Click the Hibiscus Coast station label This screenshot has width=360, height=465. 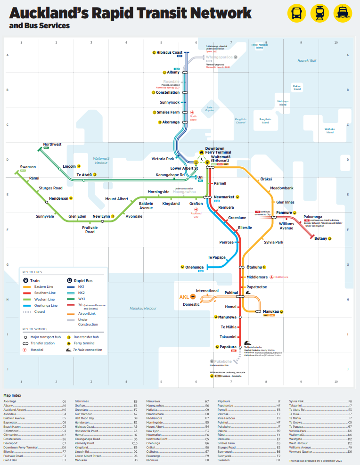pos(170,52)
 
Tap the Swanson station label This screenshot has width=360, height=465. pos(28,167)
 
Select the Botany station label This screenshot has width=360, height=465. pos(320,239)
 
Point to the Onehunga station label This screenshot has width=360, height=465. pos(194,267)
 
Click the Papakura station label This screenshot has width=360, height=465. pos(228,347)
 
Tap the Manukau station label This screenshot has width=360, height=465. pos(270,311)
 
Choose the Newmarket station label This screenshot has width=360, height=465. pos(224,197)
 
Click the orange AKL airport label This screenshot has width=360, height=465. pos(184,297)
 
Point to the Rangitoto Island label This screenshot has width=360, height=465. pos(265,121)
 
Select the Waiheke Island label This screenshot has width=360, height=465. pos(330,131)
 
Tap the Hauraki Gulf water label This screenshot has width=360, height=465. pos(307,60)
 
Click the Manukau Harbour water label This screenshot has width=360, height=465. pos(144,308)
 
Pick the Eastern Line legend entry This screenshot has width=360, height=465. pos(44,286)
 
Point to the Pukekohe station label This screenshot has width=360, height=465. pos(221,361)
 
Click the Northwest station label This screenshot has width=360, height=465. pos(52,144)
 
